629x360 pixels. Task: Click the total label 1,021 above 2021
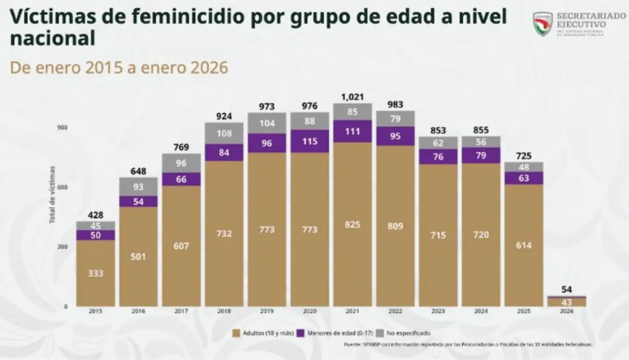352,97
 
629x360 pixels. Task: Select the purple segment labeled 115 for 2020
310,141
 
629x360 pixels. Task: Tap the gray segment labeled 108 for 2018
224,133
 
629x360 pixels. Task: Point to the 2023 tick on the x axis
438,311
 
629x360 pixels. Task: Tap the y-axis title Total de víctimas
52,194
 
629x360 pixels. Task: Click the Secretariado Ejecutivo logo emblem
542,25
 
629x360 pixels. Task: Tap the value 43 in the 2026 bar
567,302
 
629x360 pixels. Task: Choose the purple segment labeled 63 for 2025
524,178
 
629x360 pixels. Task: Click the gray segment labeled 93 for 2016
138,187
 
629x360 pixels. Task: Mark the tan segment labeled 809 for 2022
395,228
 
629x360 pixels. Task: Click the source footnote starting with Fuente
469,345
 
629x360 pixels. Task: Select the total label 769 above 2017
181,147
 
